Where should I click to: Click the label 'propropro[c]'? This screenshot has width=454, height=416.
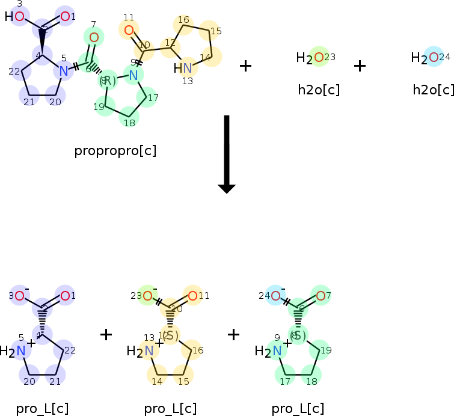click(115, 150)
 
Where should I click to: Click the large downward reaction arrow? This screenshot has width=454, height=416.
click(227, 154)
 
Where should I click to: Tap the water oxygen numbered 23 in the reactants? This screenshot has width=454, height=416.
click(319, 58)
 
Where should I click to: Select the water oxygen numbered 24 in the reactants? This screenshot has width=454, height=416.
click(434, 58)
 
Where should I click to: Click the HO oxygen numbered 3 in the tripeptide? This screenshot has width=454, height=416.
click(19, 16)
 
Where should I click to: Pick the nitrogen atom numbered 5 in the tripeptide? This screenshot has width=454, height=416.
click(63, 71)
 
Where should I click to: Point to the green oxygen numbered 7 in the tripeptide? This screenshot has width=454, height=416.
click(93, 37)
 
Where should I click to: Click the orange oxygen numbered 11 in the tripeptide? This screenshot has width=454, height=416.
click(129, 30)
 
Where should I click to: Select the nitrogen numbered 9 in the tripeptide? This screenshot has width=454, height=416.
click(133, 75)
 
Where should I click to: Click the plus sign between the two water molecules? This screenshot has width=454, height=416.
click(360, 66)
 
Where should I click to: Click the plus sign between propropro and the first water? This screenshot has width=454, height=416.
click(245, 66)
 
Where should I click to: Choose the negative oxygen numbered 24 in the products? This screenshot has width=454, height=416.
click(275, 295)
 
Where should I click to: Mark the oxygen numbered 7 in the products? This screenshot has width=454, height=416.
click(321, 295)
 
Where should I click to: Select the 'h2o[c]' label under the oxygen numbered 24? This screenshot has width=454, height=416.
click(433, 90)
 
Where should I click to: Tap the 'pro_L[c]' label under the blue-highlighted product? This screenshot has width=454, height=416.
click(42, 409)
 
